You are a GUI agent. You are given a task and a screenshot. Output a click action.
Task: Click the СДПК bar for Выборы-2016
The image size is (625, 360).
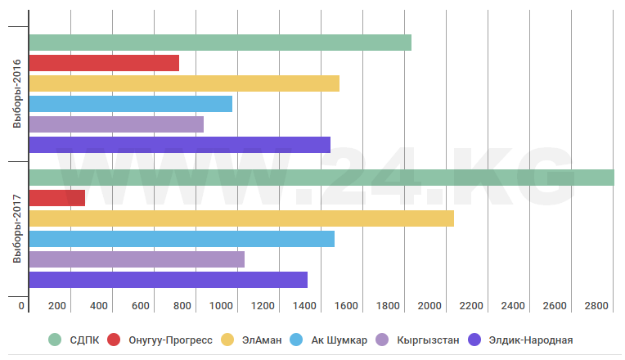219,43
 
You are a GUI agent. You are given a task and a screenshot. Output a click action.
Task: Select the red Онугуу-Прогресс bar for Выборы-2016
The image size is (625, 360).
103,63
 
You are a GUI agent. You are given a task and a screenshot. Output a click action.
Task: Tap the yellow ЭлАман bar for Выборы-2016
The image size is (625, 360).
183,83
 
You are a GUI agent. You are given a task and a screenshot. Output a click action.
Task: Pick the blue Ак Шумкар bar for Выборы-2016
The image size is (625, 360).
130,104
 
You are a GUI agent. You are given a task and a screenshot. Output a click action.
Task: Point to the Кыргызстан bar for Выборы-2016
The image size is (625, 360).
115,124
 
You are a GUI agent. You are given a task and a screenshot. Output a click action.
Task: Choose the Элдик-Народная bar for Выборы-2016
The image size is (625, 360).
179,145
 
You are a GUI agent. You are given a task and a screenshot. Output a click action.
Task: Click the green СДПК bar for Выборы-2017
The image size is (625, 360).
321,178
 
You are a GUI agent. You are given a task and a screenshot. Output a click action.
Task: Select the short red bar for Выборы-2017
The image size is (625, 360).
56,198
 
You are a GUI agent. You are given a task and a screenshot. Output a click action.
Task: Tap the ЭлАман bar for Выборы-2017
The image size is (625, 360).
241,218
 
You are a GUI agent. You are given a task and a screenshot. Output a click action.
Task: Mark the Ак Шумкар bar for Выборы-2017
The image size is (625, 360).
181,239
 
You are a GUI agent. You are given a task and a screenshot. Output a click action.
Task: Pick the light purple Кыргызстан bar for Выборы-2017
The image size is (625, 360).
136,259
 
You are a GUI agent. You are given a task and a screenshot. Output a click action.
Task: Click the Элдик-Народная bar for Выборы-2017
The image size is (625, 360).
168,280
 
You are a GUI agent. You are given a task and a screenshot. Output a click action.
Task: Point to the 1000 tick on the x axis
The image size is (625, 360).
223,306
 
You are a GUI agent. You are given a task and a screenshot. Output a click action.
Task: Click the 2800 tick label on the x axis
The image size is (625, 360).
596,306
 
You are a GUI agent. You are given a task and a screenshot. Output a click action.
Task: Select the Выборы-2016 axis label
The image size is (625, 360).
16,99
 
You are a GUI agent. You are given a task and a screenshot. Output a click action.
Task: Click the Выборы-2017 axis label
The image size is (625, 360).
16,233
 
